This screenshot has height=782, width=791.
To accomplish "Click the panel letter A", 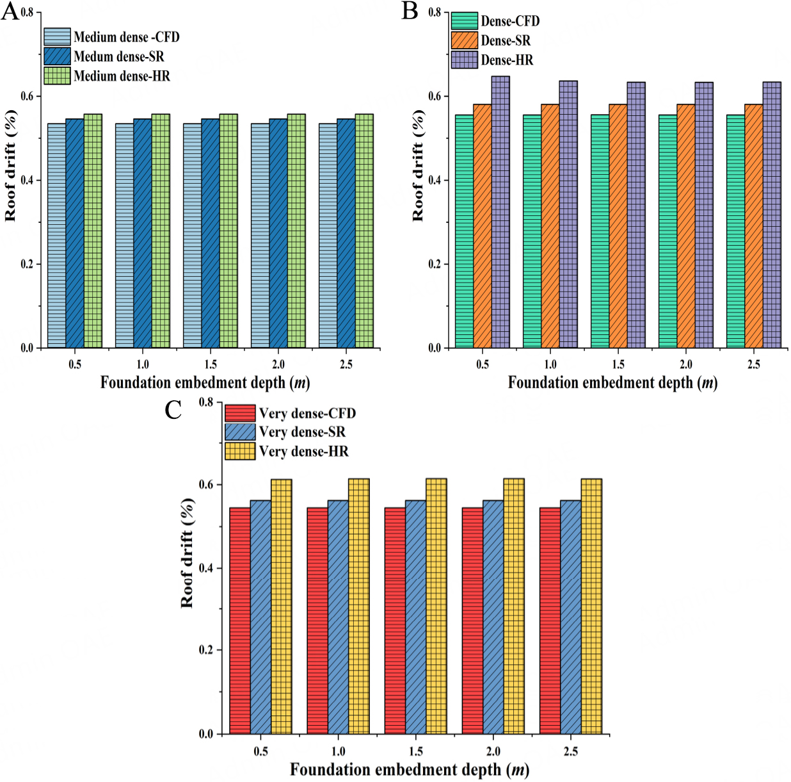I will pyautogui.click(x=10, y=12).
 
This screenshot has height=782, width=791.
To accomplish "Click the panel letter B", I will pyautogui.click(x=410, y=11).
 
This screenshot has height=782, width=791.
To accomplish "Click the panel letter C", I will pyautogui.click(x=173, y=410).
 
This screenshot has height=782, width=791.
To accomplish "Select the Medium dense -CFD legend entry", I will pyautogui.click(x=112, y=37).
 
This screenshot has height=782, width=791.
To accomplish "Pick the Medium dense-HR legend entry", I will pyautogui.click(x=108, y=76).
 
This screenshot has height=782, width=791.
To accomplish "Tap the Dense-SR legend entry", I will pyautogui.click(x=491, y=40).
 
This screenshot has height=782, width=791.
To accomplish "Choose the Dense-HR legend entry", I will pyautogui.click(x=492, y=60).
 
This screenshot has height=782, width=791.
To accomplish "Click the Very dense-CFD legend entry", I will pyautogui.click(x=291, y=413).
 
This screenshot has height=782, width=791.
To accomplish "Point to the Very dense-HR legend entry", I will pyautogui.click(x=287, y=452).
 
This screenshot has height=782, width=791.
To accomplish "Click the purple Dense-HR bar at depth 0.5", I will pyautogui.click(x=500, y=212).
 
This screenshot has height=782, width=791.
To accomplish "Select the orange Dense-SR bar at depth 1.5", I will pyautogui.click(x=618, y=226).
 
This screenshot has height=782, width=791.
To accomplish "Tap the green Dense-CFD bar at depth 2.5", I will pyautogui.click(x=735, y=231).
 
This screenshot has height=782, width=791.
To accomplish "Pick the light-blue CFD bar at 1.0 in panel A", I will pyautogui.click(x=124, y=236).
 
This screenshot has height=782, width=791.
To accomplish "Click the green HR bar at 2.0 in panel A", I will pyautogui.click(x=296, y=231).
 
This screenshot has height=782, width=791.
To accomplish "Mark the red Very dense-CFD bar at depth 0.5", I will pyautogui.click(x=240, y=621).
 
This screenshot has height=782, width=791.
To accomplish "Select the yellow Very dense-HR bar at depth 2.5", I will pyautogui.click(x=591, y=606).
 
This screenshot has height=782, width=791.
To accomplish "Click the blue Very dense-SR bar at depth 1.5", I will pyautogui.click(x=415, y=617).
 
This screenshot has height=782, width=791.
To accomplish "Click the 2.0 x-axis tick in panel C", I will pyautogui.click(x=493, y=751).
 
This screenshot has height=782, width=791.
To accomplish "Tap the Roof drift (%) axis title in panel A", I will pyautogui.click(x=11, y=166).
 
